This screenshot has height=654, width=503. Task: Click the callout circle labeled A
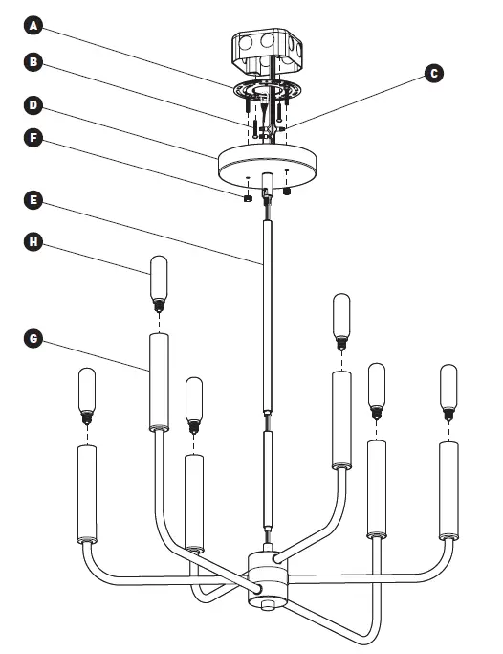pyautogui.click(x=33, y=26)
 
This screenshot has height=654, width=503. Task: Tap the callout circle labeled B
pyautogui.click(x=33, y=62)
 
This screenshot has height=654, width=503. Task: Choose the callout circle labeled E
pyautogui.click(x=33, y=200)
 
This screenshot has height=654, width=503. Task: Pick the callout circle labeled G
pyautogui.click(x=33, y=338)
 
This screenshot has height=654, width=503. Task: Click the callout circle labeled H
pyautogui.click(x=33, y=243)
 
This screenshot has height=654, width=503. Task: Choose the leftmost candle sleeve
pyautogui.click(x=85, y=496)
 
